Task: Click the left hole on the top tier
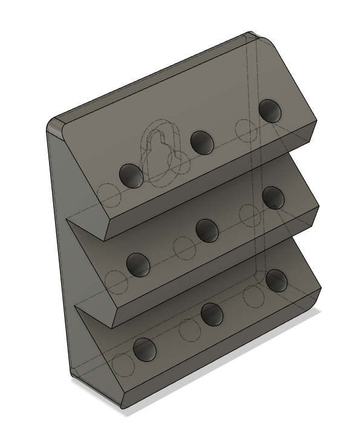pos(131,175)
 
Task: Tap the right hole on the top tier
pos(270,111)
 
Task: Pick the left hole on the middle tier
pos(137,264)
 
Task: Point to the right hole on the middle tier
pos(273,197)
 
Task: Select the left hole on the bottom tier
pos(145,350)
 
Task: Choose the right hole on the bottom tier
pos(276,279)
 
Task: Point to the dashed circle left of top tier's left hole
pos(108,194)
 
